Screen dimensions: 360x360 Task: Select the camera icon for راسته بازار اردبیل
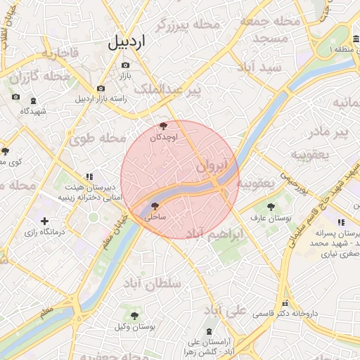point(101,89)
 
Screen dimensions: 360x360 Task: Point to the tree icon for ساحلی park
point(155,207)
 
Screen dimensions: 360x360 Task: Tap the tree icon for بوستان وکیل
point(134,316)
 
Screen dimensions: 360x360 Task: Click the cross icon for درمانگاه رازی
point(45,221)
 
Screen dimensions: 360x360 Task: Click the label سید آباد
point(259,67)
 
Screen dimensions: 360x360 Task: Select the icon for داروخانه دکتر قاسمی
point(285,303)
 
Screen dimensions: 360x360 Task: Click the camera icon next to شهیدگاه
point(15,97)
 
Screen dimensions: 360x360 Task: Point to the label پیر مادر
point(330,131)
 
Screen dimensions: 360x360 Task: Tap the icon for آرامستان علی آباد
point(210,331)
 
